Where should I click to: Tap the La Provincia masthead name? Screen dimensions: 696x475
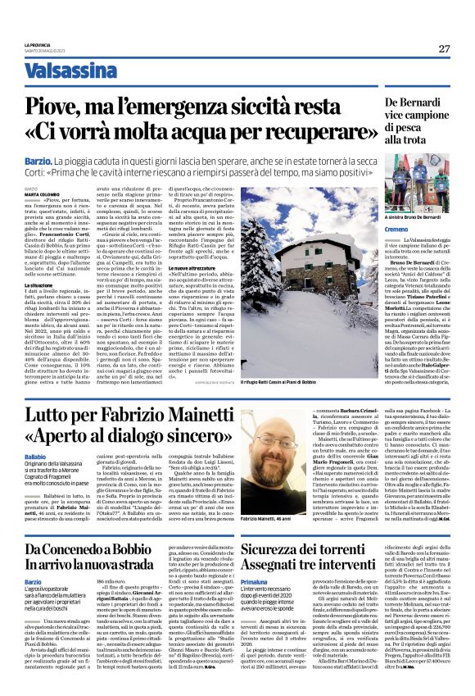[38, 44]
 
